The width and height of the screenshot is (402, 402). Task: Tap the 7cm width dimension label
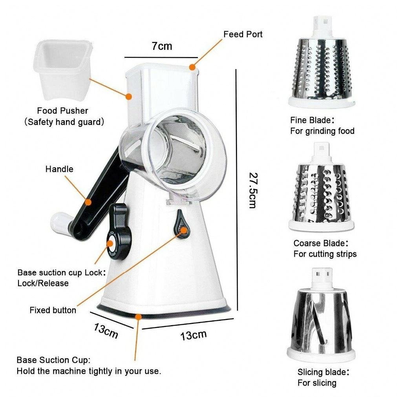coord(162,46)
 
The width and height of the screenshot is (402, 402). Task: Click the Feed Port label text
coord(243,34)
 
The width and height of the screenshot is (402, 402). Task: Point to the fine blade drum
coord(322,71)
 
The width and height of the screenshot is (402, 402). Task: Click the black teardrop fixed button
coord(181,224)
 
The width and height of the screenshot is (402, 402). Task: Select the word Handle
coord(59,169)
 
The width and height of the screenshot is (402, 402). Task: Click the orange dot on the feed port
coord(192,67)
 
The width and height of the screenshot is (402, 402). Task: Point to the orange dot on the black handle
coord(89,202)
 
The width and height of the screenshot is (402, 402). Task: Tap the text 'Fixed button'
coord(53,310)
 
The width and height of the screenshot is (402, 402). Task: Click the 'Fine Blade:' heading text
coord(313,120)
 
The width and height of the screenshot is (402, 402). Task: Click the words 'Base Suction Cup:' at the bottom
coord(53,360)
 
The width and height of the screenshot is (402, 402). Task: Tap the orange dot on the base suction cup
coord(138,316)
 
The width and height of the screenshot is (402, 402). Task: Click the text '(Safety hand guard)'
coord(64,122)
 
